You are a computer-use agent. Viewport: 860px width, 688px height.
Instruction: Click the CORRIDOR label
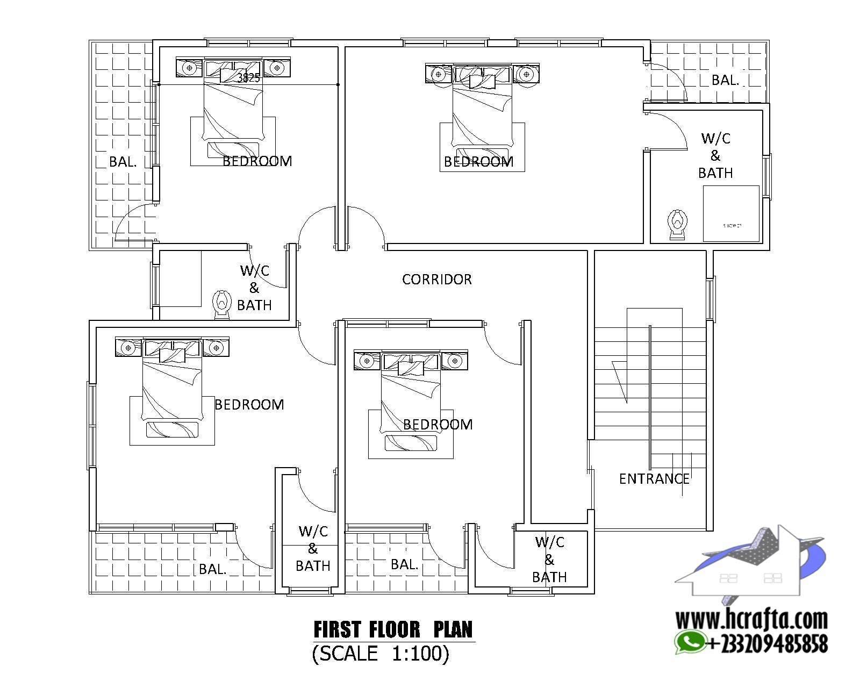(436, 279)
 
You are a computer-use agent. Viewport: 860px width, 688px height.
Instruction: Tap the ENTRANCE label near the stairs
(654, 478)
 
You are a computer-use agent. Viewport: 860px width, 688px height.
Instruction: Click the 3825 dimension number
(248, 78)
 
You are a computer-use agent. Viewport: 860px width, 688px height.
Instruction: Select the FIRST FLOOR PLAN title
(393, 629)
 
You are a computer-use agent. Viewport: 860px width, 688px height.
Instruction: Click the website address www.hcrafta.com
(751, 620)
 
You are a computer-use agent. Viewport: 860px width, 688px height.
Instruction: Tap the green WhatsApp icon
(689, 642)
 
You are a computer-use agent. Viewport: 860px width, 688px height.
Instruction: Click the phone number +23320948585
(767, 643)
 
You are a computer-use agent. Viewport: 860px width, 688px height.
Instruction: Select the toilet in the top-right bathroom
(677, 224)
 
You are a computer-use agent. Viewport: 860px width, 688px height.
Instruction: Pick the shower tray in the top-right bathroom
(731, 213)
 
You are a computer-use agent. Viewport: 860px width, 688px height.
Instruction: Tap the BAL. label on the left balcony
(123, 161)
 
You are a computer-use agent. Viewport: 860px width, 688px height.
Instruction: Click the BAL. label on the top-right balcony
(725, 80)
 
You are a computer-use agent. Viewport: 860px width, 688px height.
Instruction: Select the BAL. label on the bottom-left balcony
(212, 569)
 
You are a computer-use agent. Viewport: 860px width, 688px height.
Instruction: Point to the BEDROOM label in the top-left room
(257, 161)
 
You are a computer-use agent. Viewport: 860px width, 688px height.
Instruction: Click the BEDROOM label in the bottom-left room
(249, 404)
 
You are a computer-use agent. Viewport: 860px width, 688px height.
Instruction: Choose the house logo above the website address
(750, 564)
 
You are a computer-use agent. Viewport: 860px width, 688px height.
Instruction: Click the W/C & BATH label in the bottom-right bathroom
(549, 560)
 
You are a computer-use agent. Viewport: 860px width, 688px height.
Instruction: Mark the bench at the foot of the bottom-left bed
(172, 429)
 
